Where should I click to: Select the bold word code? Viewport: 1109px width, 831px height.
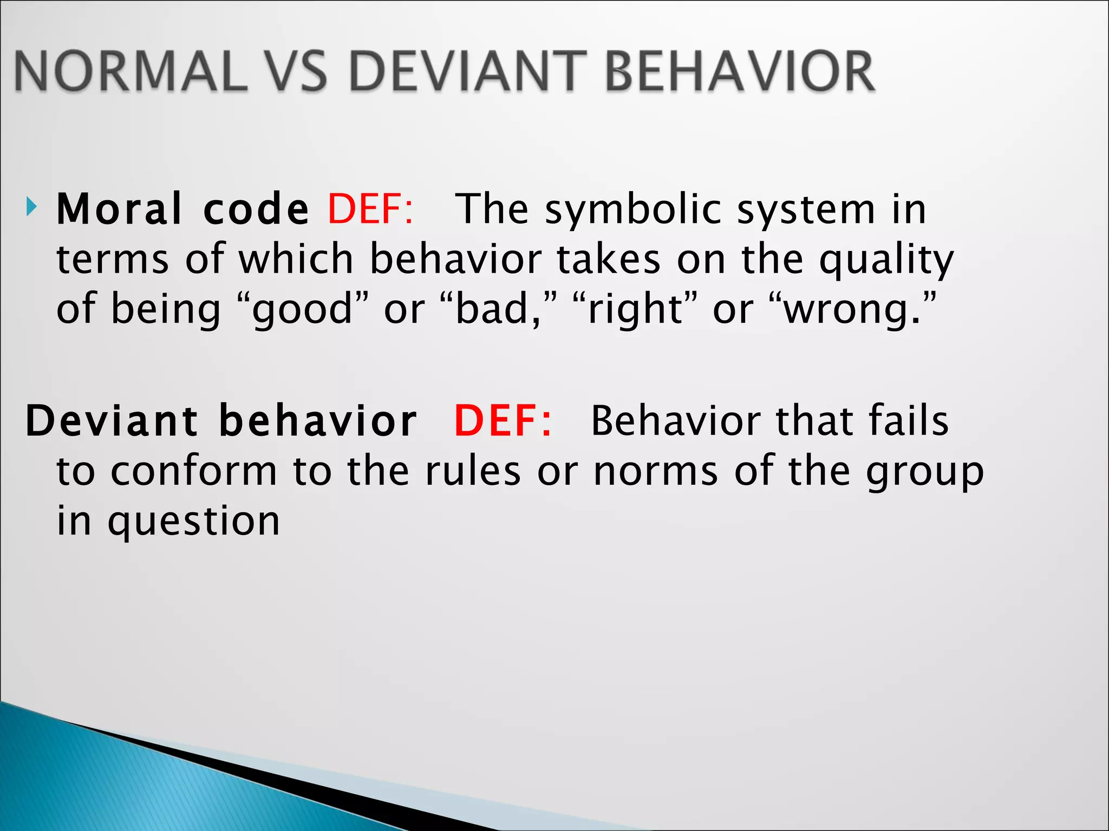click(256, 210)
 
